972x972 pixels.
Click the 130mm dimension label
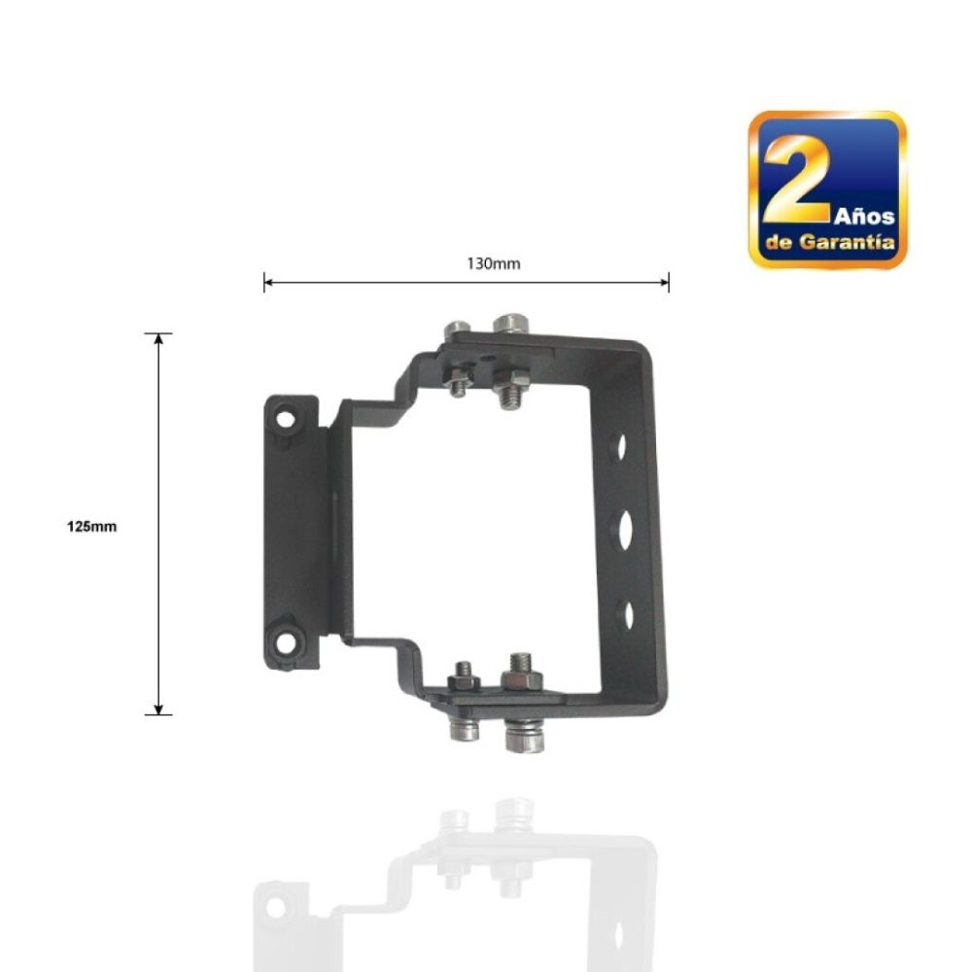click(494, 264)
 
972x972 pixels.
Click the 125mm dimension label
click(91, 527)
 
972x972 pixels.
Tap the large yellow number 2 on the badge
click(798, 180)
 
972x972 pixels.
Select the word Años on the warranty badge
click(864, 217)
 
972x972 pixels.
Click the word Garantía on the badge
click(847, 241)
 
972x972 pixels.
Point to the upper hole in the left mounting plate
click(286, 418)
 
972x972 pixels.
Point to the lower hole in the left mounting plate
click(286, 642)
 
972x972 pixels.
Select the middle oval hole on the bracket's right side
click(624, 528)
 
